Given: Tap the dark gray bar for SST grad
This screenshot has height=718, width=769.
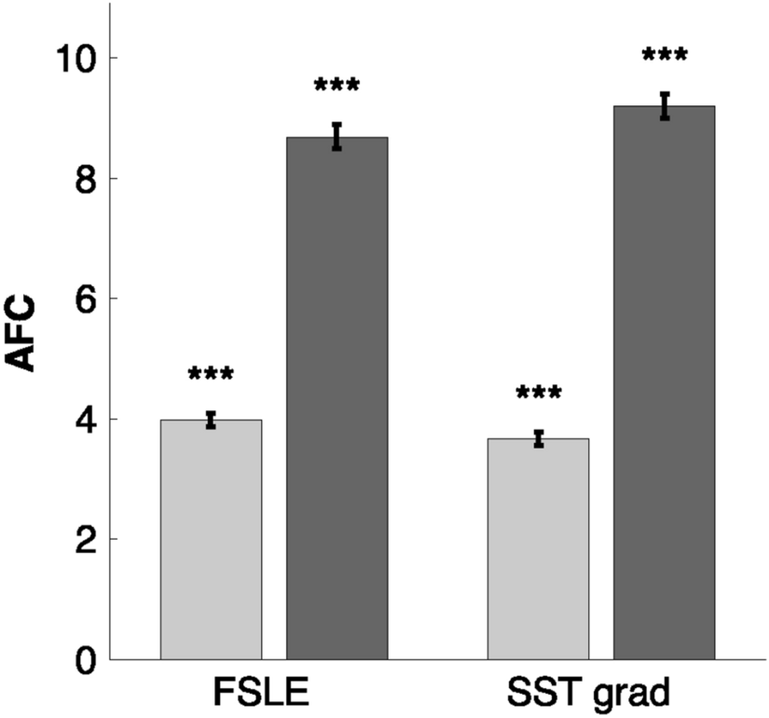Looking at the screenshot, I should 664,382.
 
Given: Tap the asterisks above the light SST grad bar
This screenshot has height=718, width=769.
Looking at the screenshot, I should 538,392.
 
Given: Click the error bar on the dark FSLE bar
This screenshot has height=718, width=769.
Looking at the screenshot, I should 336,136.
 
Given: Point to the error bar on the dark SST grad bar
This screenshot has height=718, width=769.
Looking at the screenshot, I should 664,105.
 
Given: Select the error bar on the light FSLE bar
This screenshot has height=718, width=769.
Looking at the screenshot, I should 211,420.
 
